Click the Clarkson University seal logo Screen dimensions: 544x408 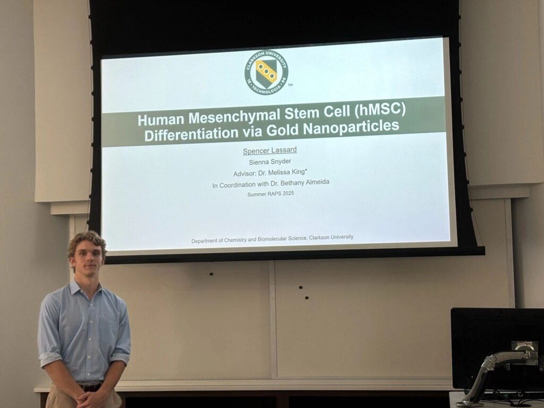coord(266,72)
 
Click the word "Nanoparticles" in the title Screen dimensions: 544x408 coord(351,127)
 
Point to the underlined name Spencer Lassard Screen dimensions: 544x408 coord(269,150)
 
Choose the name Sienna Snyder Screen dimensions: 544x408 coord(270,161)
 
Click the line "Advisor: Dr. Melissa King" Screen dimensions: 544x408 coord(270,173)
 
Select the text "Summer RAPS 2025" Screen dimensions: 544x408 coord(270,193)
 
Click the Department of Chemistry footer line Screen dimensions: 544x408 coord(273,239)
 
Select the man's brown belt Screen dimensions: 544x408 coord(90,387)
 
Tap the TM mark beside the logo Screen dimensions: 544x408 coord(290,85)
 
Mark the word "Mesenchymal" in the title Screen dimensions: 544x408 coord(234,116)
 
